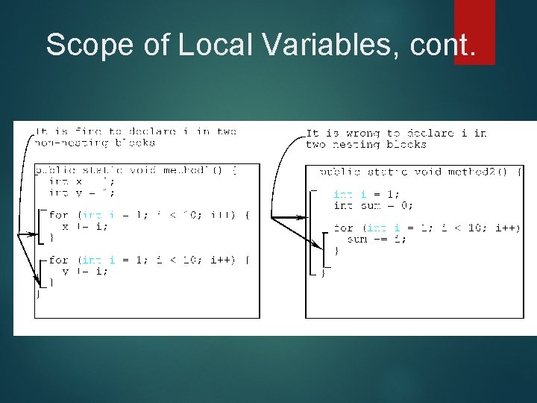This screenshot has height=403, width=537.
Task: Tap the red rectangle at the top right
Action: point(474,31)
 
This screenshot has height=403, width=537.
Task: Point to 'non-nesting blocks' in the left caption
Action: point(95,142)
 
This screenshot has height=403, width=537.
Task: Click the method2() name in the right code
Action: point(477,172)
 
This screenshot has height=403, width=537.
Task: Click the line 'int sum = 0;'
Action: point(373,205)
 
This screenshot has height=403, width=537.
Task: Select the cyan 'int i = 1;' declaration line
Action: point(365,194)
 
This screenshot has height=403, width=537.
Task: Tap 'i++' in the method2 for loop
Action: point(507,228)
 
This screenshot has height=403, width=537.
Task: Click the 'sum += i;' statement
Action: point(377,239)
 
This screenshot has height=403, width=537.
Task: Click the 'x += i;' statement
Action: point(84,226)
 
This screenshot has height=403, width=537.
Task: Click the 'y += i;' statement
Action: point(84,271)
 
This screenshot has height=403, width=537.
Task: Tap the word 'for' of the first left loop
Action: point(58,215)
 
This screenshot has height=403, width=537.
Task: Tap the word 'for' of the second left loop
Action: point(58,260)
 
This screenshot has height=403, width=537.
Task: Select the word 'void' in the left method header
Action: point(142,170)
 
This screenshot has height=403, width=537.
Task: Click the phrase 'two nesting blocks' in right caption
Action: point(365,144)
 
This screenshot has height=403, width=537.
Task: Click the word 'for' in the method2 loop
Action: point(343,228)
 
